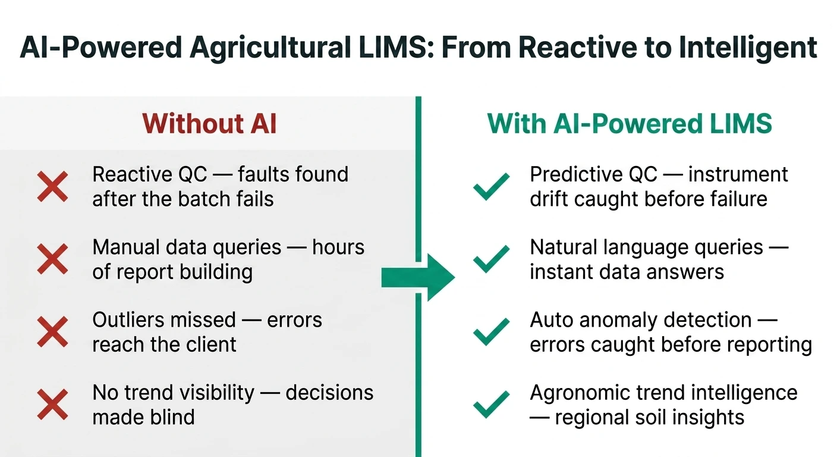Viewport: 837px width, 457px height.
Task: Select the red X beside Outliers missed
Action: tap(52, 331)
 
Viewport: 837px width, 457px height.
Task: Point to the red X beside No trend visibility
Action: tap(52, 404)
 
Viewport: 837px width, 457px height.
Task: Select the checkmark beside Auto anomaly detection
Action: tap(491, 331)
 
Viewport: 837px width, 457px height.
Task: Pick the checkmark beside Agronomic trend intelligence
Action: tap(491, 404)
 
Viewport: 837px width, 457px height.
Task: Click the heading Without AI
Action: tap(209, 124)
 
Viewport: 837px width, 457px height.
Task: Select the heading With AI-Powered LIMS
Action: tap(630, 124)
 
